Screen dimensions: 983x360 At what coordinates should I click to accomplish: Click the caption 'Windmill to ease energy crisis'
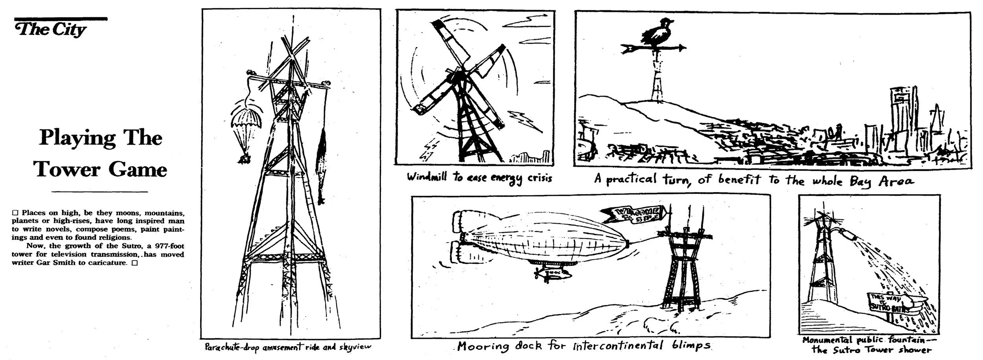click(x=479, y=178)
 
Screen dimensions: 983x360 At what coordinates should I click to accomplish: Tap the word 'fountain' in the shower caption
click(x=906, y=340)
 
